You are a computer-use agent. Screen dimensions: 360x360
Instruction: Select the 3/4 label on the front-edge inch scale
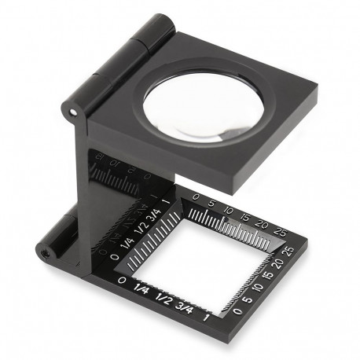pos(186,306)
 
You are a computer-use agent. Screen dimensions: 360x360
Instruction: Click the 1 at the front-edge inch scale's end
pos(206,317)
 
